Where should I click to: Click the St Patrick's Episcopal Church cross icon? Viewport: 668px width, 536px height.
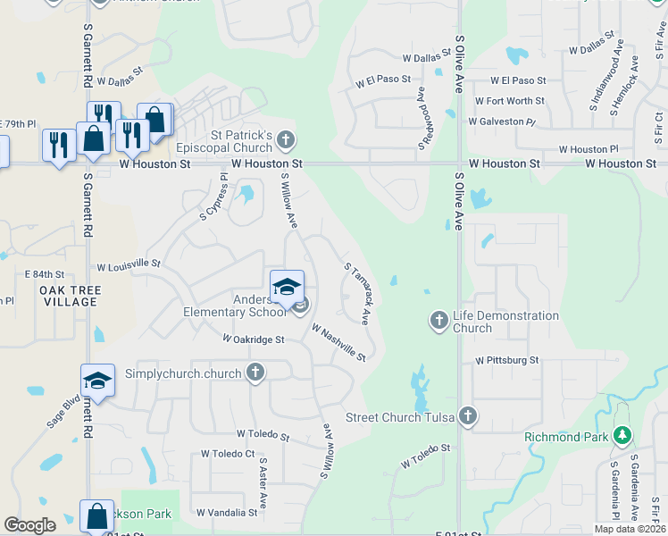286,139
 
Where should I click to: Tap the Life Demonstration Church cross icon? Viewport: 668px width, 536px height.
438,320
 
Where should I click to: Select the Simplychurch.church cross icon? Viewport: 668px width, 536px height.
255,373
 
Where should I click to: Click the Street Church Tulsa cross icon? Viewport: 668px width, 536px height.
467,415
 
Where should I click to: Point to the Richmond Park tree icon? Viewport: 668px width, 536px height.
622,436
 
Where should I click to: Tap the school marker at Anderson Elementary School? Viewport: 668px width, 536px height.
288,288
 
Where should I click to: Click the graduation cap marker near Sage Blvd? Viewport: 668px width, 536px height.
97,381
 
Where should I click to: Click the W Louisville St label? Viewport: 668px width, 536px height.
128,265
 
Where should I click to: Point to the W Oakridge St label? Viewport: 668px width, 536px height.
254,339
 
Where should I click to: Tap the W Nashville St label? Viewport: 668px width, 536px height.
339,342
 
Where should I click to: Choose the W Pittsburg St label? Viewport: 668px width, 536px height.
507,360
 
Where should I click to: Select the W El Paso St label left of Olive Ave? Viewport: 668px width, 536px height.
383,82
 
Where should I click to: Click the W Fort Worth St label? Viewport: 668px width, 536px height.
510,101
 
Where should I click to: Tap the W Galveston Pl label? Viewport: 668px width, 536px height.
505,121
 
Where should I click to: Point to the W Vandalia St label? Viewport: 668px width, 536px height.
227,513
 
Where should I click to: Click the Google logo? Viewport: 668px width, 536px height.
29,526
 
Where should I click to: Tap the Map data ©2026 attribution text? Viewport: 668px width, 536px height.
630,529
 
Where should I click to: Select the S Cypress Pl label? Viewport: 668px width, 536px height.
214,197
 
